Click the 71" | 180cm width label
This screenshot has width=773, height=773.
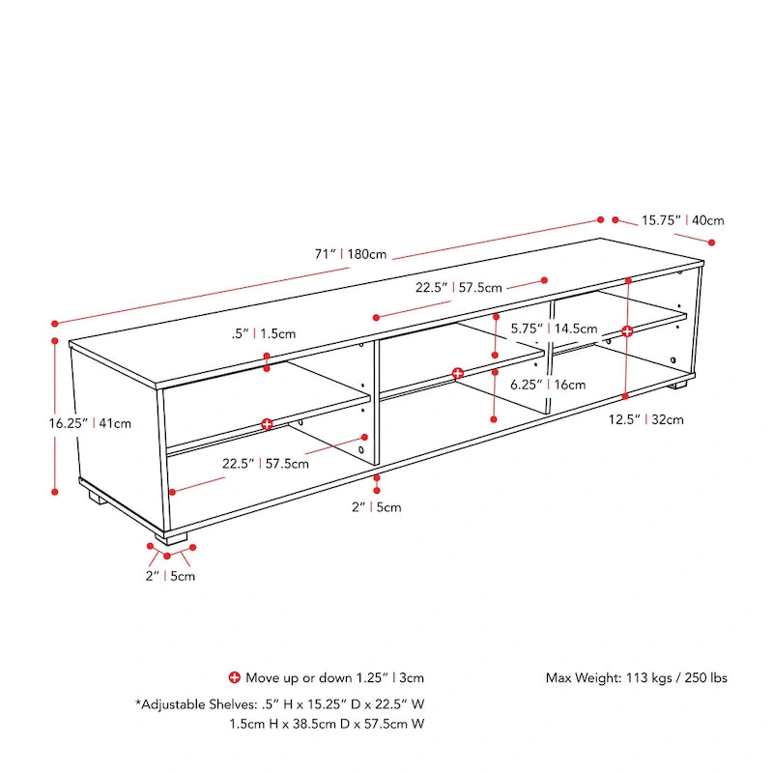click(x=351, y=255)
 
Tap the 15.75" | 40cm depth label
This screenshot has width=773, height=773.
click(x=683, y=220)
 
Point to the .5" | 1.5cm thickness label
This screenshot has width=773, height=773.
click(x=264, y=333)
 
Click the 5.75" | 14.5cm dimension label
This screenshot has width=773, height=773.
click(x=555, y=328)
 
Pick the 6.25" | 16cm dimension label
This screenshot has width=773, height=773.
click(x=549, y=384)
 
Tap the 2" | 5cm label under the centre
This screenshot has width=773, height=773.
click(x=376, y=507)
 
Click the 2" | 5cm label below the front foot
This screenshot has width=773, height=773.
click(x=170, y=577)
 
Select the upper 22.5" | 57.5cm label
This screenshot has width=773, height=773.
click(x=459, y=287)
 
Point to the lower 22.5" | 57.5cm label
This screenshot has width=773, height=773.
click(x=266, y=463)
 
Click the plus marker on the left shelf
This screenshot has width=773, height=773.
click(x=267, y=424)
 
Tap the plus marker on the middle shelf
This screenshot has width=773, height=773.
click(x=458, y=373)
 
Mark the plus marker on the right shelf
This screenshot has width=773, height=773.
click(x=627, y=331)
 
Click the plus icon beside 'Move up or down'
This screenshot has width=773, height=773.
click(x=234, y=677)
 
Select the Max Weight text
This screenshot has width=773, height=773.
click(x=636, y=678)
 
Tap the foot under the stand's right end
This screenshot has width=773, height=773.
click(x=678, y=384)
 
